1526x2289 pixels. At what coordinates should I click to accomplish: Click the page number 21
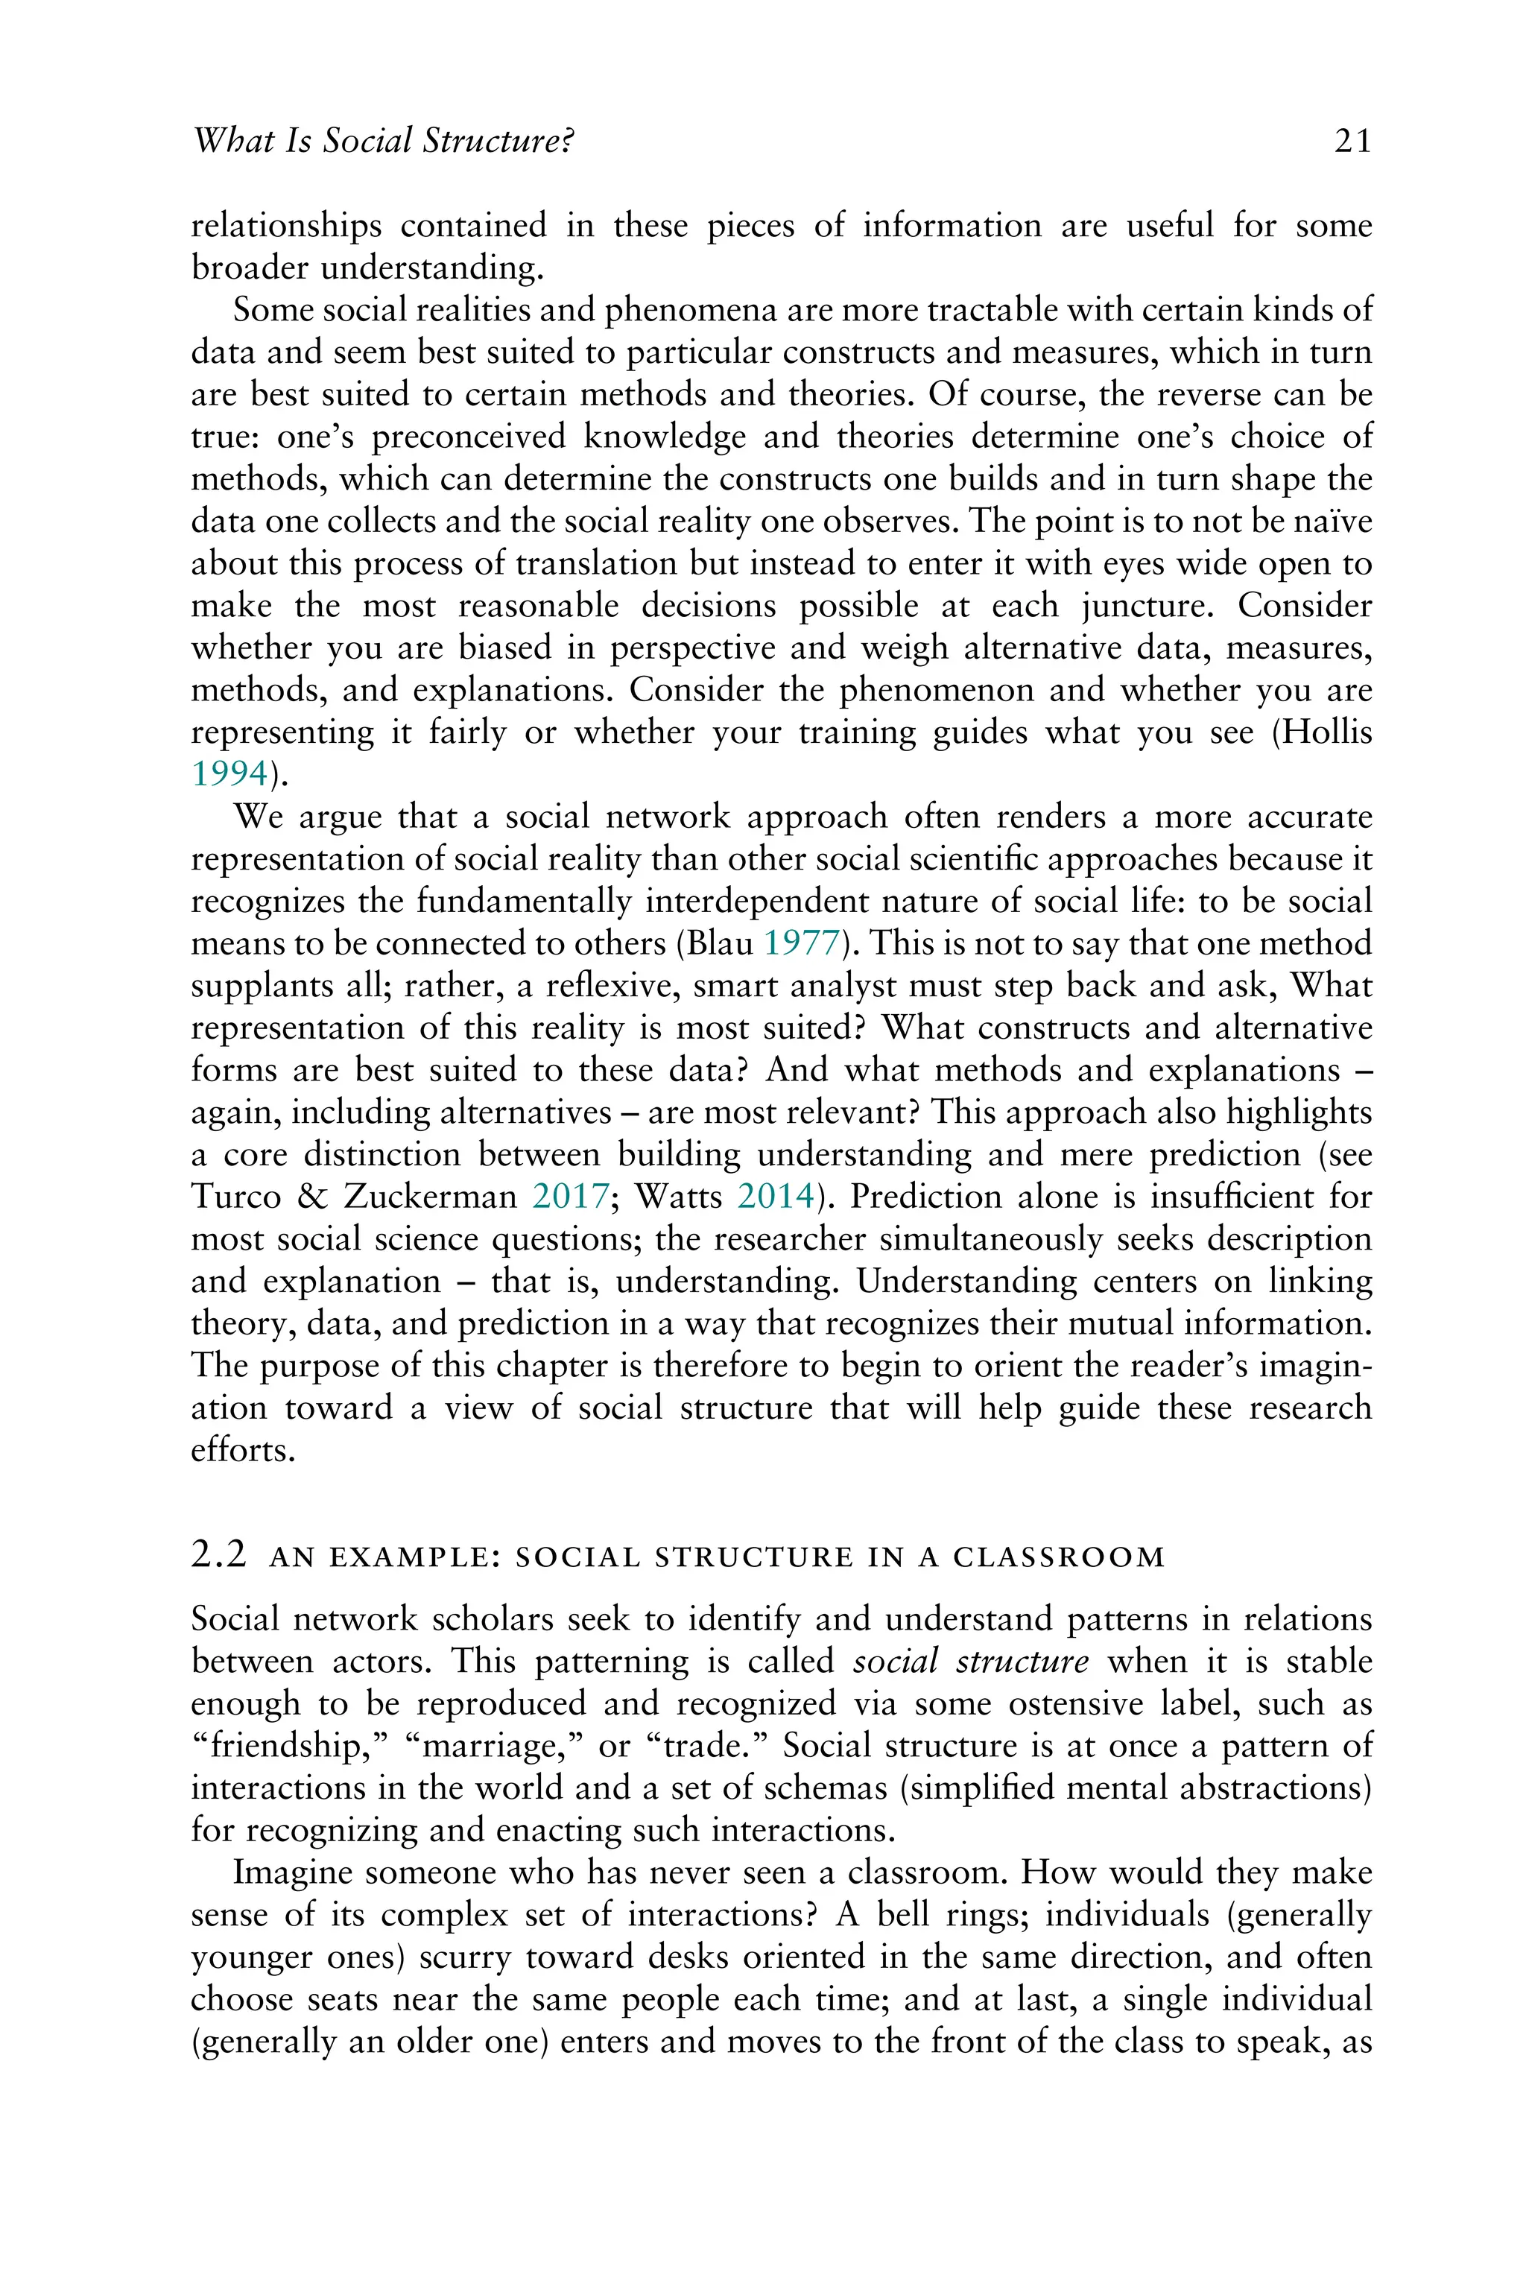(1353, 142)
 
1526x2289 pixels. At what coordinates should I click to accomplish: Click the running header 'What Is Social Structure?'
(382, 142)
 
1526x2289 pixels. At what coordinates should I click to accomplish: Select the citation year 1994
(229, 773)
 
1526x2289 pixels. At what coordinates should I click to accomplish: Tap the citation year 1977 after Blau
(802, 943)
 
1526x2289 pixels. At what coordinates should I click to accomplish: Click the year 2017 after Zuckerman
(570, 1196)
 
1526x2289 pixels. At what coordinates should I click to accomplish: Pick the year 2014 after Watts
(776, 1196)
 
